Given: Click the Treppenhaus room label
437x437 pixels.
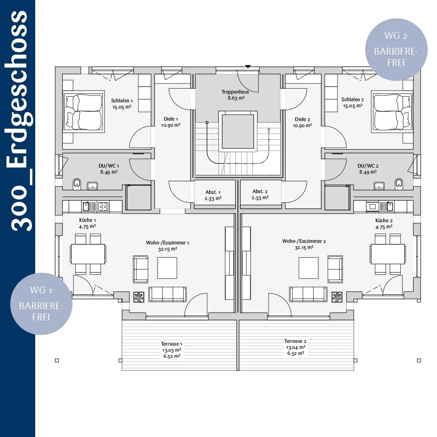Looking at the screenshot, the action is pyautogui.click(x=235, y=92).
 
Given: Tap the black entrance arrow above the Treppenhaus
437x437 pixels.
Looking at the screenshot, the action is pyautogui.click(x=248, y=67).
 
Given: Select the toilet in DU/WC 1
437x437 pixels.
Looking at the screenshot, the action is pyautogui.click(x=77, y=184).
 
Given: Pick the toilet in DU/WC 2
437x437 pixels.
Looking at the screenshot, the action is pyautogui.click(x=399, y=183).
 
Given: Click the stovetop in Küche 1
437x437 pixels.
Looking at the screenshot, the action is pyautogui.click(x=103, y=206).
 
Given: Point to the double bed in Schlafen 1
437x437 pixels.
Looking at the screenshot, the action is pyautogui.click(x=84, y=112).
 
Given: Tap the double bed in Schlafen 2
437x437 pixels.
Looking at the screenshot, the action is pyautogui.click(x=392, y=112).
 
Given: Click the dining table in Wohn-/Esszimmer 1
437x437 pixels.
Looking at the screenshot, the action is pyautogui.click(x=88, y=254).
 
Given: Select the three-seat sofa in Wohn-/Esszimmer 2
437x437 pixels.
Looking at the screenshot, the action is pyautogui.click(x=308, y=294).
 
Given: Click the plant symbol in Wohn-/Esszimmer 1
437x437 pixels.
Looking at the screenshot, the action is pyautogui.click(x=139, y=297).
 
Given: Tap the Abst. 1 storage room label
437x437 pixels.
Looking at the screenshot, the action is pyautogui.click(x=213, y=192).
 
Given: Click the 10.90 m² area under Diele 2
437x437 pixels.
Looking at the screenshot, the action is pyautogui.click(x=302, y=126).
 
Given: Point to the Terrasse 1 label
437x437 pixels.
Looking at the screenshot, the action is pyautogui.click(x=172, y=344).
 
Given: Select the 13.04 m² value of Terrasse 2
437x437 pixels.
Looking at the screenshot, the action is pyautogui.click(x=296, y=347).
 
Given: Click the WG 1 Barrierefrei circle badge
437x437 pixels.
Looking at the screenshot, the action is pyautogui.click(x=41, y=304).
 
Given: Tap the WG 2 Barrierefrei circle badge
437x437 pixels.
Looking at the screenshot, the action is pyautogui.click(x=396, y=50).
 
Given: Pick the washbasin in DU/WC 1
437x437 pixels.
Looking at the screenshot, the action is pyautogui.click(x=93, y=185).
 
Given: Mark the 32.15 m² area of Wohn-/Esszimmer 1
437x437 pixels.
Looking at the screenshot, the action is pyautogui.click(x=168, y=249).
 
